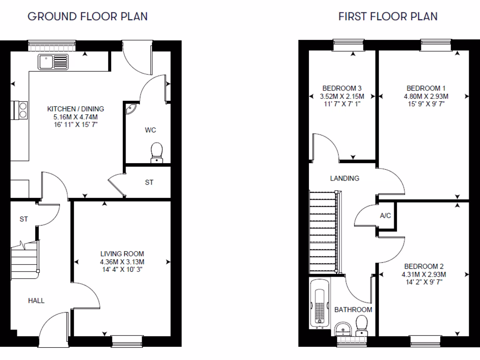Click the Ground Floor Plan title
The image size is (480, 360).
point(88,16)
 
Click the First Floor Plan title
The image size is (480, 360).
point(388,16)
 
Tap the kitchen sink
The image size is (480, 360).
point(53,61)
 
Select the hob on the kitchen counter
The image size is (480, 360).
point(22,109)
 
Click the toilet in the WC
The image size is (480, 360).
point(157,153)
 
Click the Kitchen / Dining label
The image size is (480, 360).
point(75,109)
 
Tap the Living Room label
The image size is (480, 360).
point(122,254)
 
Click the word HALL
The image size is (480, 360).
point(36,300)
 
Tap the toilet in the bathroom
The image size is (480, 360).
point(361,324)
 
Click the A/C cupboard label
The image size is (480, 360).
point(386,216)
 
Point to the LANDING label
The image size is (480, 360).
point(345,178)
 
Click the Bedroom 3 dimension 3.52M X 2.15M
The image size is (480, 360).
point(342,96)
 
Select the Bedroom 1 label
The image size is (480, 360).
point(426,88)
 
